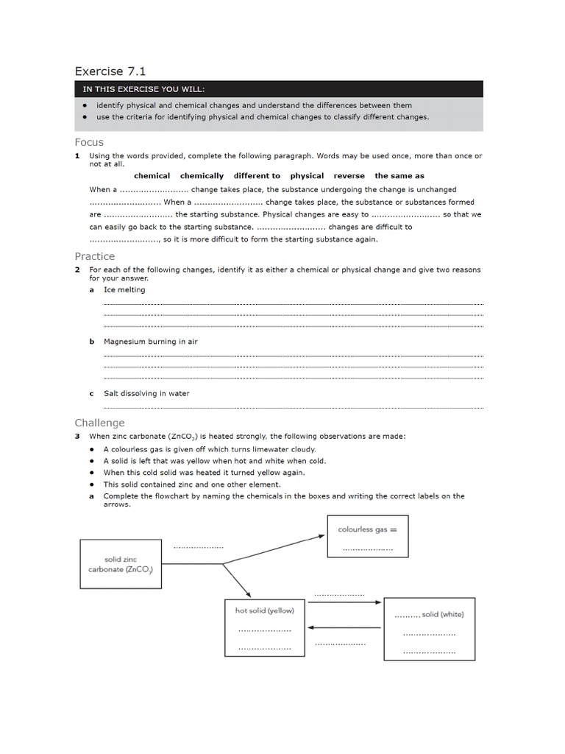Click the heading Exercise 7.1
coord(110,71)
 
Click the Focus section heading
coord(89,142)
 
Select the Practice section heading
coord(94,256)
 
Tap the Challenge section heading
coord(99,423)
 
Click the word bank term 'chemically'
coord(202,176)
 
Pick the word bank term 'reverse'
coord(349,176)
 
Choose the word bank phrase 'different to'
coord(257,176)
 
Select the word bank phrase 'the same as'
coord(399,176)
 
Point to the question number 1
coord(77,156)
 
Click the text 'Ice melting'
coord(124,290)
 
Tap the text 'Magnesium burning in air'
coord(150,342)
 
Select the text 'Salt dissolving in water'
coord(146,393)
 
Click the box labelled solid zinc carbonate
coord(122,564)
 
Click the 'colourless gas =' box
coord(367,537)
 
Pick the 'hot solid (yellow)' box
coord(264,627)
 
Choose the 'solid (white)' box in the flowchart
coord(429,627)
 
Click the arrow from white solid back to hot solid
coord(344,627)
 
